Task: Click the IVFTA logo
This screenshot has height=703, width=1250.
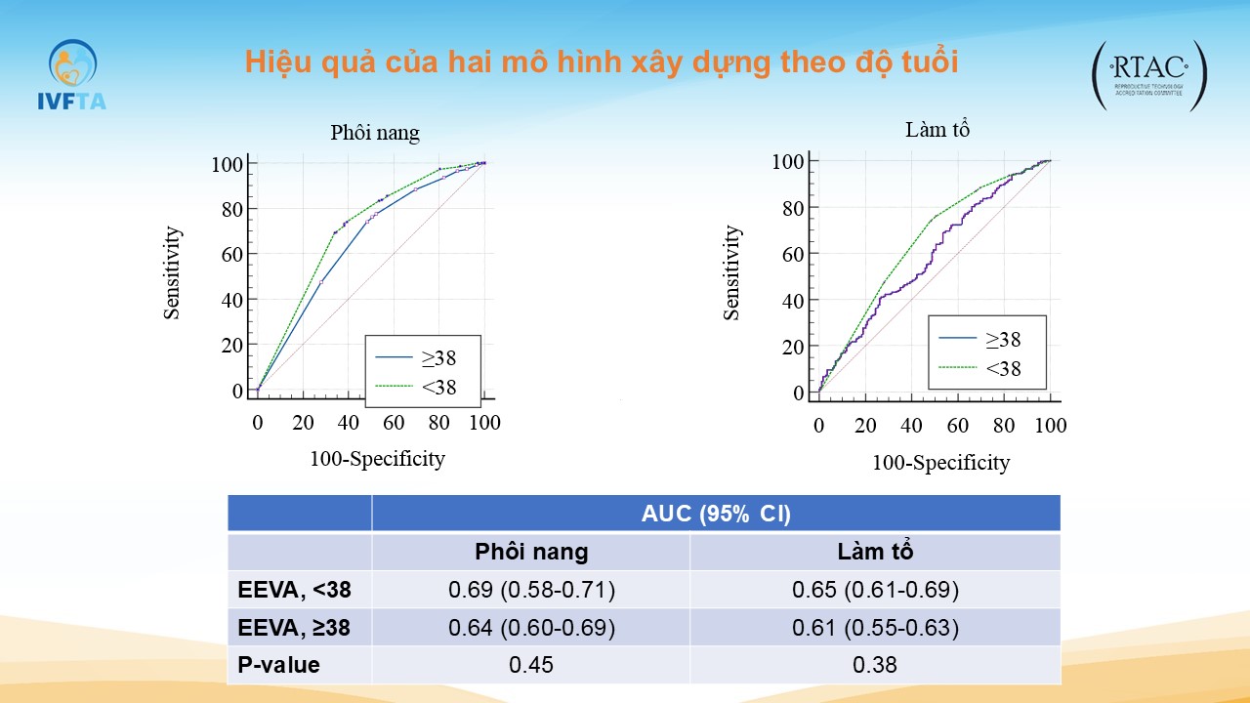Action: (x=70, y=74)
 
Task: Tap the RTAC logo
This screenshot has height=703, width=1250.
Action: (x=1149, y=74)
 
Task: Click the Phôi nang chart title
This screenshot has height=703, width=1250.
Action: (x=375, y=133)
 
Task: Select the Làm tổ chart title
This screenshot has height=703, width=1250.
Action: (x=937, y=129)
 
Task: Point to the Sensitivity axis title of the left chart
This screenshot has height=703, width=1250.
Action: (x=172, y=273)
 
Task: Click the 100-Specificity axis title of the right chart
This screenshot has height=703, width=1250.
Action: (x=940, y=463)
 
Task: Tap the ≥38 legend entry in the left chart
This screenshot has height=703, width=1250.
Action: (x=438, y=357)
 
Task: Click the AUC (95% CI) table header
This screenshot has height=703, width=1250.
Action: (x=715, y=514)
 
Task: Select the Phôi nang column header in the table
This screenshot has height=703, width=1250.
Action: (x=531, y=552)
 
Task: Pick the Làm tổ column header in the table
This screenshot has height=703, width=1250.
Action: (x=875, y=552)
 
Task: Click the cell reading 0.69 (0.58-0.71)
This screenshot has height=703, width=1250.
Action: (x=531, y=590)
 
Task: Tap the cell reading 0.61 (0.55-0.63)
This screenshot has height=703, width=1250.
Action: (x=875, y=628)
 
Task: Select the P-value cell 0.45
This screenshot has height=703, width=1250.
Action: (x=531, y=665)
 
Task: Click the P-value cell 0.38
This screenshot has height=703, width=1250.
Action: (x=875, y=665)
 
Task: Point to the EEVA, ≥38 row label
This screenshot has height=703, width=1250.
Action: (x=294, y=628)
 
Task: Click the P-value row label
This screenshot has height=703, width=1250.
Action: (x=279, y=665)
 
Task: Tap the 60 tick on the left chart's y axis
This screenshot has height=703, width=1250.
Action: (x=230, y=255)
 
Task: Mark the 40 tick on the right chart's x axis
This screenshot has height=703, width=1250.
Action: (x=911, y=427)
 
